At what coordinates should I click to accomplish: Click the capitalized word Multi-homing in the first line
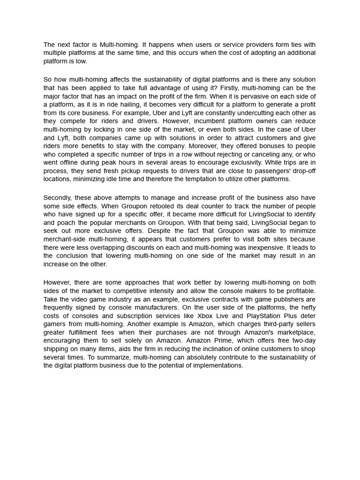pyautogui.click(x=119, y=45)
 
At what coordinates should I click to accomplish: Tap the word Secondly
pyautogui.click(x=59, y=198)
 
